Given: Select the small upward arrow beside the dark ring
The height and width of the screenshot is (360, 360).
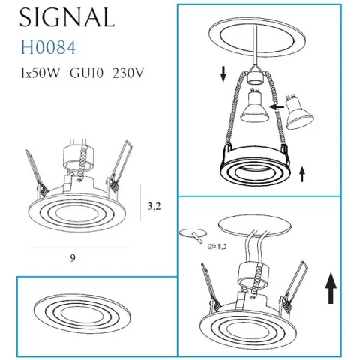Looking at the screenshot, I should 301,175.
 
